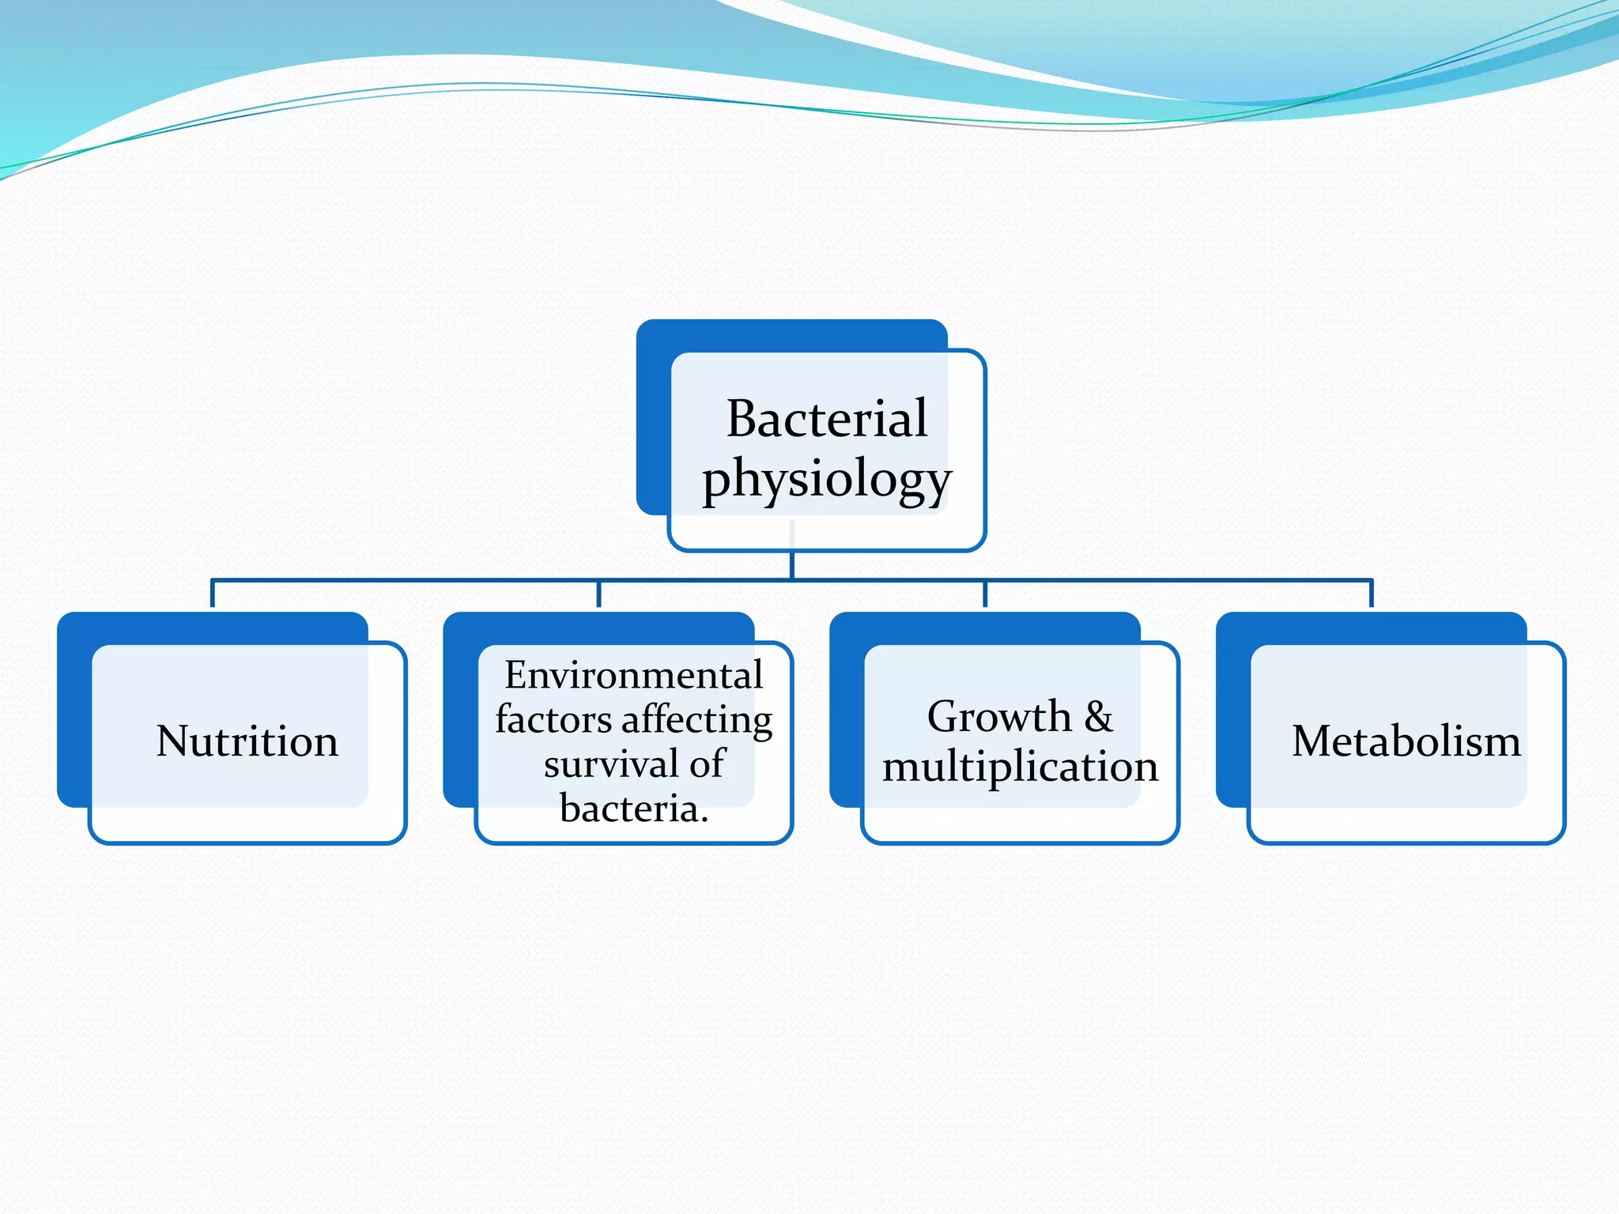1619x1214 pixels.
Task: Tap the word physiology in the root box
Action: point(826,479)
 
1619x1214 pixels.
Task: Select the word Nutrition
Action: point(247,741)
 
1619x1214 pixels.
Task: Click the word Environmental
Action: point(633,675)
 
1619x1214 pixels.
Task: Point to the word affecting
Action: point(696,720)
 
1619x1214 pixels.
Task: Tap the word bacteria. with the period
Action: point(633,808)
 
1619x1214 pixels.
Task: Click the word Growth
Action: point(999,717)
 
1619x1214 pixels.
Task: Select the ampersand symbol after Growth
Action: point(1099,717)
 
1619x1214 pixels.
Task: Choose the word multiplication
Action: point(1020,767)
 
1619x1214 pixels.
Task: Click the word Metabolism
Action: point(1406,741)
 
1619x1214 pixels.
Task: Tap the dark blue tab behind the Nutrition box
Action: point(74,711)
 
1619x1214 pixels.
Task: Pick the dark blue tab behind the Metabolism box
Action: point(1232,711)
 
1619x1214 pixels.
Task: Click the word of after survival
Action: point(707,763)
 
